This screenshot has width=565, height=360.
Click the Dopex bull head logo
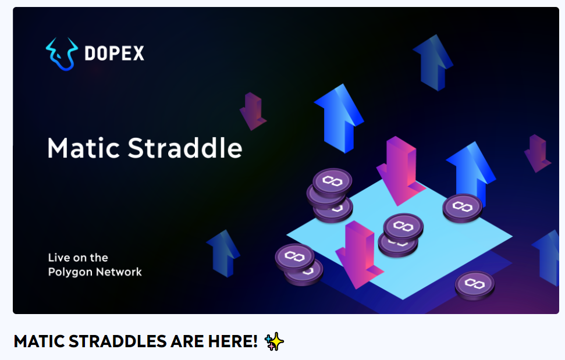[x=62, y=54]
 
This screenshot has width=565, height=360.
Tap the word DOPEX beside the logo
[x=114, y=54]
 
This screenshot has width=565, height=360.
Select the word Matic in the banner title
[x=84, y=148]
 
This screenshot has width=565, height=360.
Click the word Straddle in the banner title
[x=185, y=148]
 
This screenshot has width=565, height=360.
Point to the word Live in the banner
[x=59, y=258]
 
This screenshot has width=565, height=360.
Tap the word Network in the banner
[x=119, y=272]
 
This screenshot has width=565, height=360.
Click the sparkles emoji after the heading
[x=274, y=341]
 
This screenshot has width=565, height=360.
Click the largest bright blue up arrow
[x=339, y=119]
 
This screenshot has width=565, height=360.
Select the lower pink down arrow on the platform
[x=359, y=255]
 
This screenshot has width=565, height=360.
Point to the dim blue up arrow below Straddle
[x=223, y=254]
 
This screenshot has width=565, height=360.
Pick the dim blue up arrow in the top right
[x=433, y=63]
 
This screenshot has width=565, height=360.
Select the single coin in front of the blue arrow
[x=463, y=208]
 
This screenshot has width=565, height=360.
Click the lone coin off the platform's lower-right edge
[x=475, y=286]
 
